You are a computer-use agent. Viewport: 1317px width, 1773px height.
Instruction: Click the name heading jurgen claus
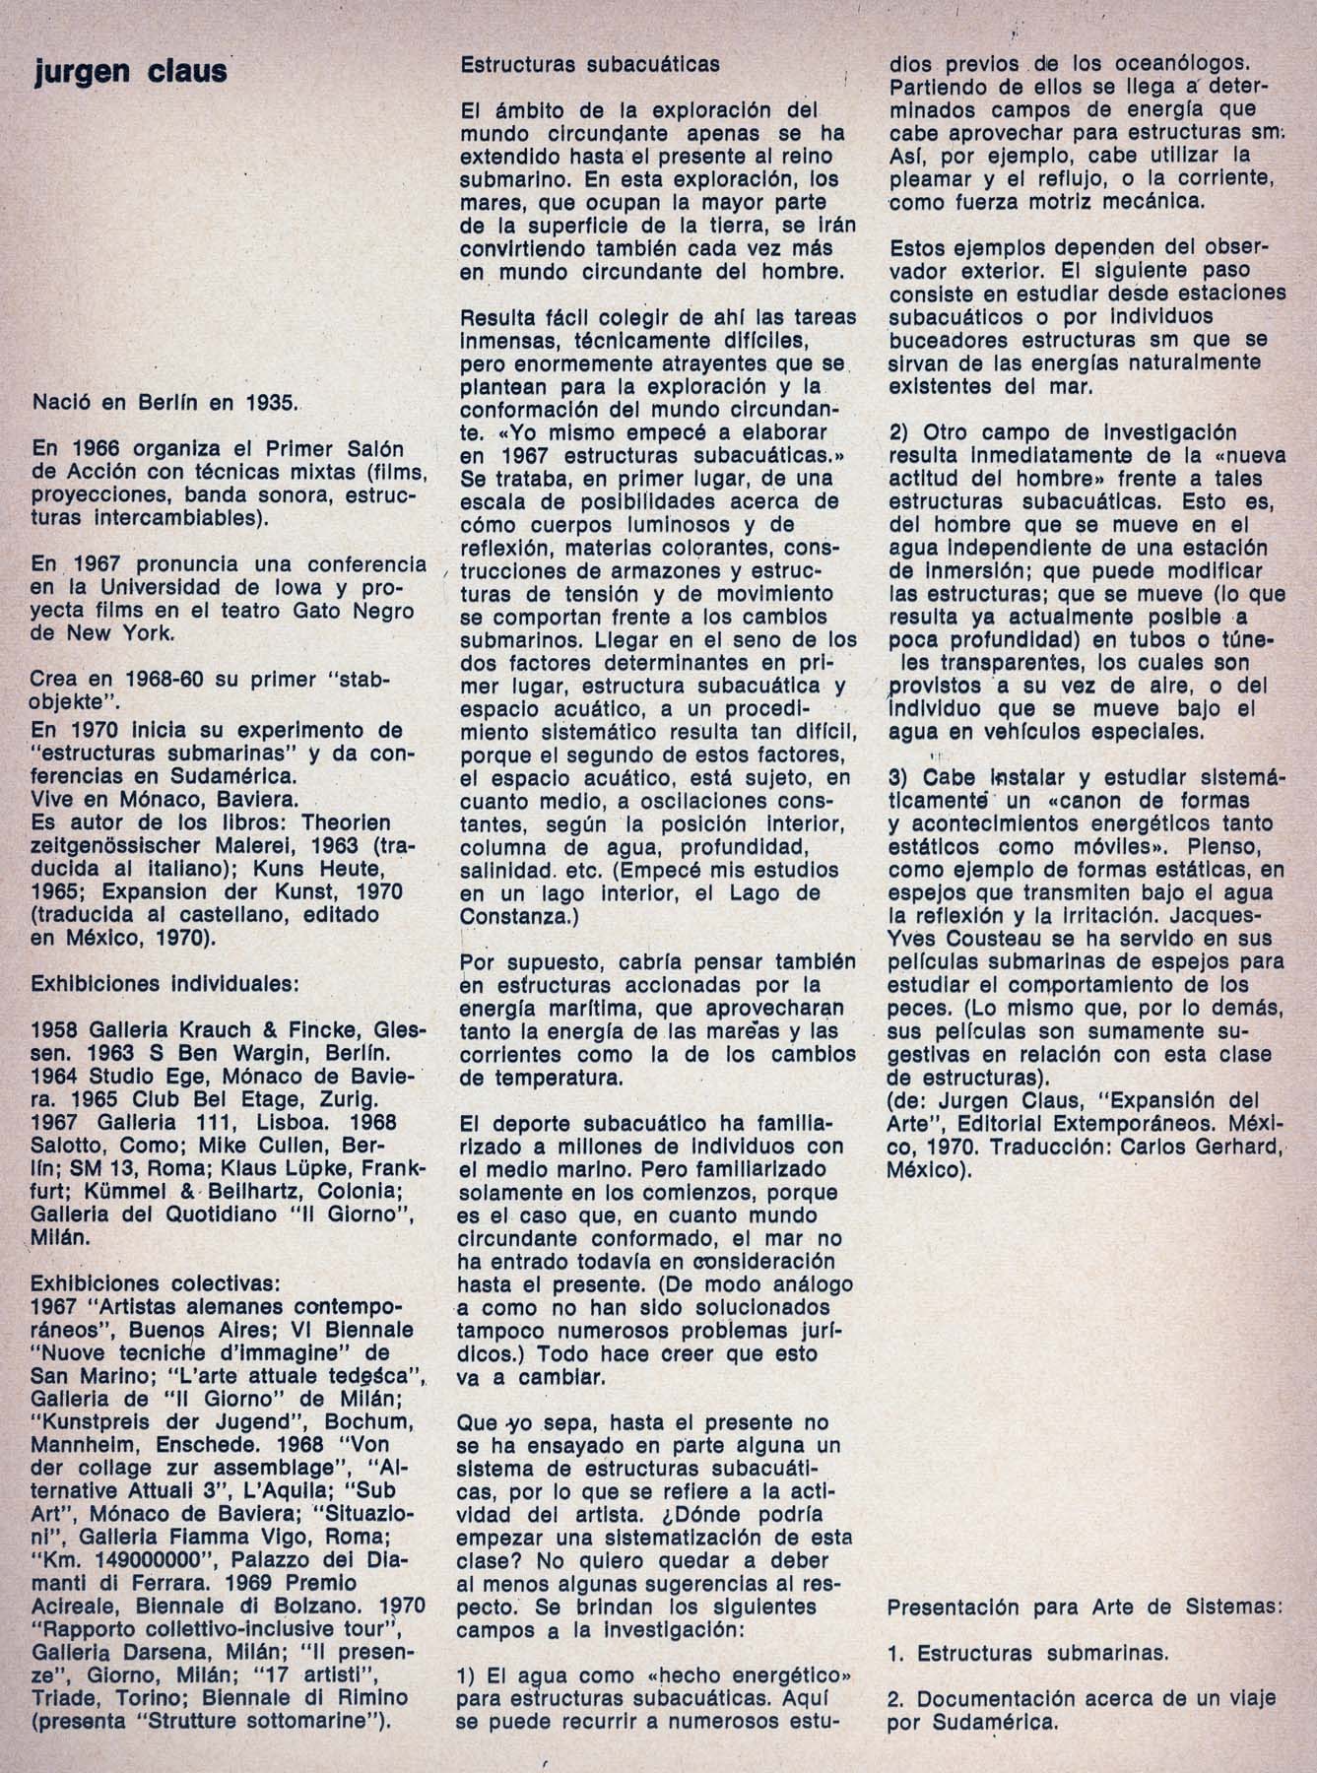pyautogui.click(x=129, y=71)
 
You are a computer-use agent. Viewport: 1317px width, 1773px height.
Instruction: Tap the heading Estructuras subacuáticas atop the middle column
pyautogui.click(x=590, y=64)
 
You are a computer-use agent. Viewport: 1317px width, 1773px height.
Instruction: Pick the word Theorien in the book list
pyautogui.click(x=346, y=821)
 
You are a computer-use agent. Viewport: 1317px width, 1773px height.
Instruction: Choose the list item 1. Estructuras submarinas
pyautogui.click(x=1027, y=1653)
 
